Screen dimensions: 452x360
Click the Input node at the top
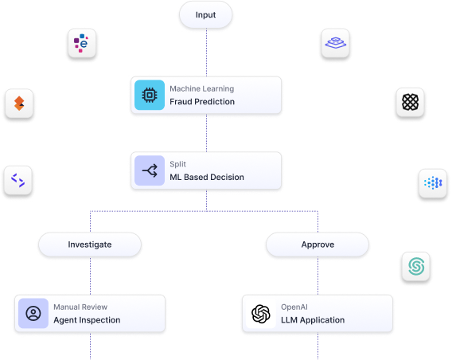(205, 14)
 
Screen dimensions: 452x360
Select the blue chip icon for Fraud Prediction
(150, 95)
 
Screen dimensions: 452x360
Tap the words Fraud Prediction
(202, 101)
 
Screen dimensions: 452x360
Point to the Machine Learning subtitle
(202, 88)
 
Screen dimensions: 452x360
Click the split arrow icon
(150, 170)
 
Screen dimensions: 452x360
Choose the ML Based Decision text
(207, 177)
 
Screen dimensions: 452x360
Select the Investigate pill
(90, 245)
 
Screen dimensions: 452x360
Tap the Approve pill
(318, 245)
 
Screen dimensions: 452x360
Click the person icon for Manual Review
(33, 313)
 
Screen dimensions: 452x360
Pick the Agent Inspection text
(87, 320)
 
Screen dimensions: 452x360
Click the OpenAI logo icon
(261, 314)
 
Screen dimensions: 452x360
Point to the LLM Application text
(313, 320)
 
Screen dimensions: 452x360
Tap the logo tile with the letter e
(82, 43)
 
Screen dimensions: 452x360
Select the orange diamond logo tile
(19, 104)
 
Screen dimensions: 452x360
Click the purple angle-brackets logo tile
(18, 180)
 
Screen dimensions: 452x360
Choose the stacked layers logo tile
(335, 43)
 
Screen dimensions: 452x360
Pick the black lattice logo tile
(410, 103)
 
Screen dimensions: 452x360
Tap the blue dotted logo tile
(433, 183)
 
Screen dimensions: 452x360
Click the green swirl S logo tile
(416, 266)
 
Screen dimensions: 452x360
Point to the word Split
(178, 164)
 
